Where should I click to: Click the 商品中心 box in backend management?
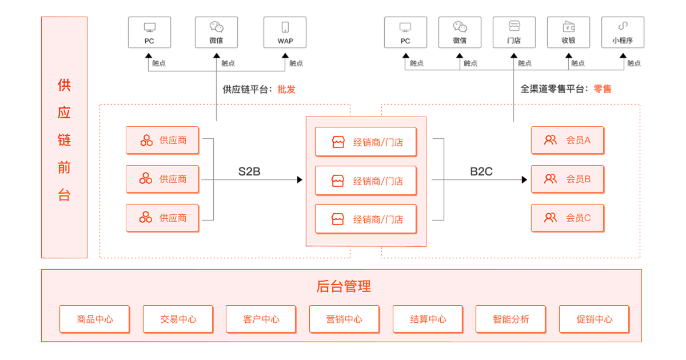[x=94, y=319]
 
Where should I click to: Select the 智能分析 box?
[x=510, y=319]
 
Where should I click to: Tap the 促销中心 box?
[x=594, y=319]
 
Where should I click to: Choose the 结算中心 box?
[x=428, y=319]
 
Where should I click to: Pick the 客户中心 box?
[x=261, y=319]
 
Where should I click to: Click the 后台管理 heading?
[x=343, y=286]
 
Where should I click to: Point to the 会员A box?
[x=567, y=140]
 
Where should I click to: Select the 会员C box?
[x=567, y=218]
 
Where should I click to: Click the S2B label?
[x=249, y=171]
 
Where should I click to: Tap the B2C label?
[x=481, y=171]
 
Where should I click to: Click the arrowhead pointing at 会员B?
[x=524, y=180]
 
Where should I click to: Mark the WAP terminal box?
[x=285, y=32]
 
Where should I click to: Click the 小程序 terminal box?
[x=623, y=32]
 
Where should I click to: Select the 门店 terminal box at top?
[x=514, y=32]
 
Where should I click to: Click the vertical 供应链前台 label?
[x=64, y=140]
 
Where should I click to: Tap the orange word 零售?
[x=603, y=89]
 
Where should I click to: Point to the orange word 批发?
[x=286, y=90]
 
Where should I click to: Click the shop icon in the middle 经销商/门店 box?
[x=338, y=181]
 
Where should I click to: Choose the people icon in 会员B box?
[x=550, y=179]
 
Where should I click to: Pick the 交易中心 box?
[x=178, y=319]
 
